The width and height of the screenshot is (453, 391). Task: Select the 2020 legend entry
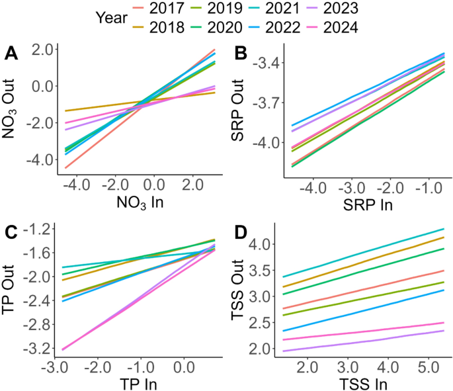click(253, 28)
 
